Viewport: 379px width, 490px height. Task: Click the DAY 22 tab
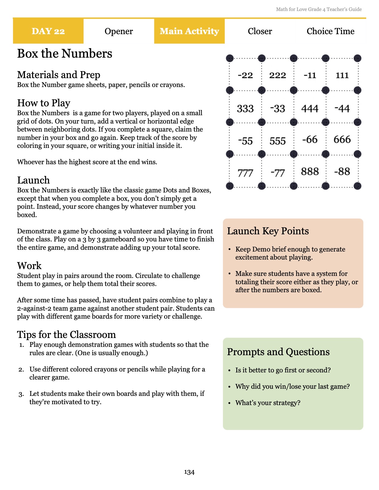pyautogui.click(x=48, y=31)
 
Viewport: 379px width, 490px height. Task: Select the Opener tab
pyautogui.click(x=119, y=31)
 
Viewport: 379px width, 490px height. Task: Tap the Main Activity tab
pyautogui.click(x=189, y=31)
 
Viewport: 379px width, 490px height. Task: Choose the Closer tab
pyautogui.click(x=260, y=31)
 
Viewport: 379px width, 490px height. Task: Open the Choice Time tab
pyautogui.click(x=331, y=31)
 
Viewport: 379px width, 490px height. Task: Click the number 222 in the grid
pyautogui.click(x=278, y=75)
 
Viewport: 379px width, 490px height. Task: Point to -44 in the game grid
pyautogui.click(x=342, y=108)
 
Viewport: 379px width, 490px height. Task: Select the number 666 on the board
pyautogui.click(x=342, y=139)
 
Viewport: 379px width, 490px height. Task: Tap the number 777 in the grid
pyautogui.click(x=245, y=173)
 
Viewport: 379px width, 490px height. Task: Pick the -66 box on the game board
pyautogui.click(x=310, y=139)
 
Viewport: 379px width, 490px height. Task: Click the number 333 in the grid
pyautogui.click(x=245, y=108)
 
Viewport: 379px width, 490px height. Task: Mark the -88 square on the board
pyautogui.click(x=342, y=171)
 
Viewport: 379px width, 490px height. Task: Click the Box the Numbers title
pyautogui.click(x=65, y=54)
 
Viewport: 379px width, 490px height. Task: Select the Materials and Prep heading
pyautogui.click(x=59, y=75)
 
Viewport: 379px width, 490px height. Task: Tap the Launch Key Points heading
pyautogui.click(x=268, y=231)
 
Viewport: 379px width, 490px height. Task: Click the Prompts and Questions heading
pyautogui.click(x=278, y=352)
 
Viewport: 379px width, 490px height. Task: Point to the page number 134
pyautogui.click(x=189, y=472)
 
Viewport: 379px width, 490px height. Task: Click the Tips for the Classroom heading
pyautogui.click(x=66, y=335)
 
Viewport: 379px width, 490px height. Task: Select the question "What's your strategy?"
pyautogui.click(x=268, y=403)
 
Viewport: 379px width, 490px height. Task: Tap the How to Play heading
pyautogui.click(x=44, y=103)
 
